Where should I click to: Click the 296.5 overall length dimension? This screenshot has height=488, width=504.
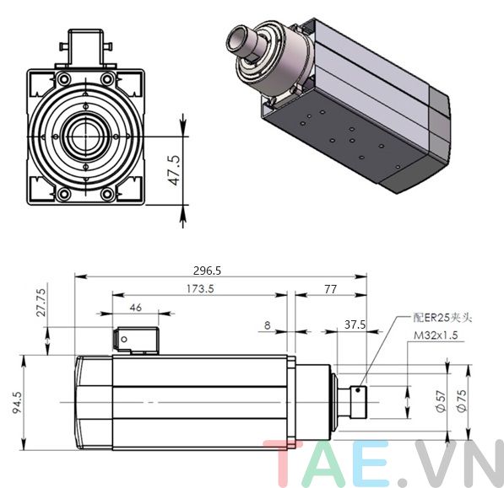pos(207,271)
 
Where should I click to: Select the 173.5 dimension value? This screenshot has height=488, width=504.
pos(200,288)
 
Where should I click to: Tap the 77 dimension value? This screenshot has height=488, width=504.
pos(329,288)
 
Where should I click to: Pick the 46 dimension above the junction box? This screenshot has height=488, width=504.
pos(135,308)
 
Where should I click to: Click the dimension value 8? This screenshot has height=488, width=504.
pos(267,324)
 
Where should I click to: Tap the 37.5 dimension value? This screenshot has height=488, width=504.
pos(354,324)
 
